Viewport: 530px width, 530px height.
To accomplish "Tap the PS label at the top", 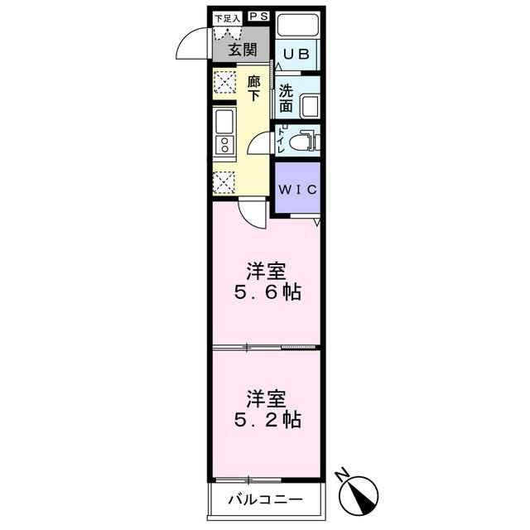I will pyautogui.click(x=258, y=16).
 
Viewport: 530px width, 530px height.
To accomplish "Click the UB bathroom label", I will pyautogui.click(x=296, y=55).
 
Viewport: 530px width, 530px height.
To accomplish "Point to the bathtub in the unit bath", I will pyautogui.click(x=297, y=27).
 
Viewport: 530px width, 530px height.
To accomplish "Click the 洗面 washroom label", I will pyautogui.click(x=286, y=99).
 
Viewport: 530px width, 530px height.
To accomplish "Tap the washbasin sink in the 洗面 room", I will pyautogui.click(x=309, y=106).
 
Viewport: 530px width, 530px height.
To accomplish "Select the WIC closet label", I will pyautogui.click(x=296, y=189).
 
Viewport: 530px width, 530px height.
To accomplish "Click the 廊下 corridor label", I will pyautogui.click(x=253, y=89).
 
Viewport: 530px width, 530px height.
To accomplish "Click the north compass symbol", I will pyautogui.click(x=359, y=492).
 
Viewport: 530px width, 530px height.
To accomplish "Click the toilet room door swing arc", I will pyautogui.click(x=259, y=143).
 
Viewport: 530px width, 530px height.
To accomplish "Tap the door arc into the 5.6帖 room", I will pyautogui.click(x=252, y=215).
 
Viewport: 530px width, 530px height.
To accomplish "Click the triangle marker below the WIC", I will pyautogui.click(x=316, y=222).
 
